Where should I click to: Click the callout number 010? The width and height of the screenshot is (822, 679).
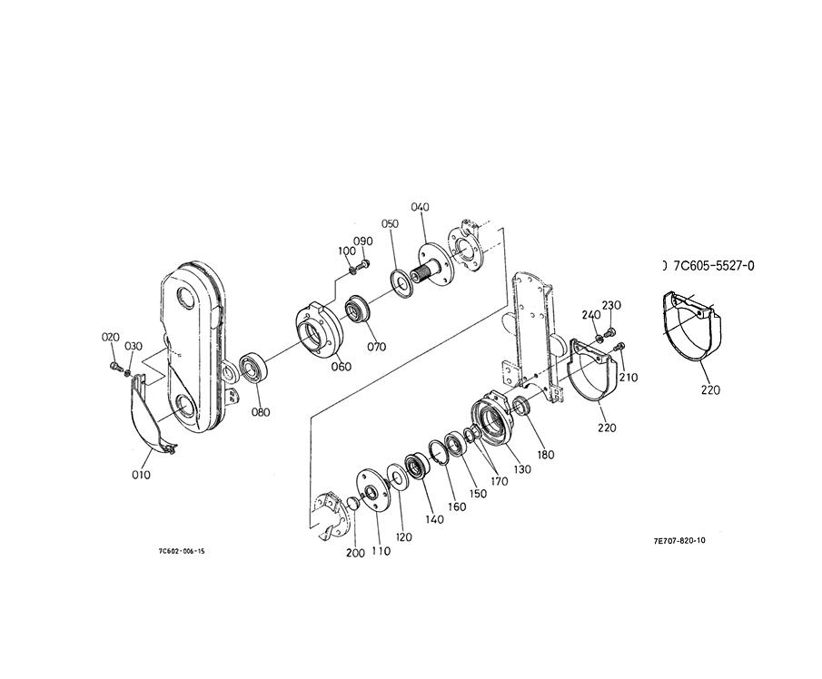point(141,475)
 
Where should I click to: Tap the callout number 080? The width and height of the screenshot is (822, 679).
point(260,412)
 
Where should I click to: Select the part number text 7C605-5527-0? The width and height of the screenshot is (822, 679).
point(714,266)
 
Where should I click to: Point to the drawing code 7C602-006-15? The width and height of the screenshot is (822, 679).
point(182,551)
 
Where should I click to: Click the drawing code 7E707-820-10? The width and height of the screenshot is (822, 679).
point(678,541)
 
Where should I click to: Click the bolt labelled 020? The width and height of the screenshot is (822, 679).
point(114,364)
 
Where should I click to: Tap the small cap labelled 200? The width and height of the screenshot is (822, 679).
point(352,503)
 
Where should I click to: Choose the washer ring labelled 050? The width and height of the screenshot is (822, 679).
point(403,283)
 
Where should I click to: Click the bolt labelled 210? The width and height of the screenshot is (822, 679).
point(619,347)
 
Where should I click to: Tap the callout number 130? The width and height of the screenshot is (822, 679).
point(521,469)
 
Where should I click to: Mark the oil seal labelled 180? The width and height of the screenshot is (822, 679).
point(521,406)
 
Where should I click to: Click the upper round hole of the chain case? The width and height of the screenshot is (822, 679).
point(187,298)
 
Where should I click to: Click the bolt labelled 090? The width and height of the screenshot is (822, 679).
point(366,262)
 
